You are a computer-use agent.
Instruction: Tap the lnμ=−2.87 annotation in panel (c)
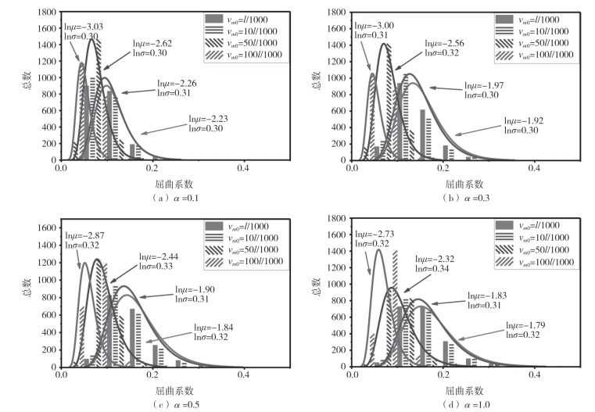pyautogui.click(x=85, y=235)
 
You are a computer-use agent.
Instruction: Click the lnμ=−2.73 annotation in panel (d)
pyautogui.click(x=375, y=235)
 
